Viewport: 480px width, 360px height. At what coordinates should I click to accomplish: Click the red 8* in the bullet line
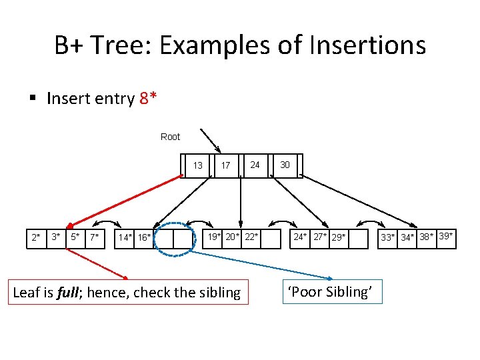[x=149, y=99]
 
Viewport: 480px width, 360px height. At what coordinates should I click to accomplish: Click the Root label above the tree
[x=170, y=137]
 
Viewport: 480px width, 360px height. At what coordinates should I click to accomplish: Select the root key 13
[x=198, y=165]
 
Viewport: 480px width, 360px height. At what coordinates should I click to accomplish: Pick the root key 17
[x=226, y=165]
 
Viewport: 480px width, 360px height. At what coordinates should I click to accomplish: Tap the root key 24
[x=255, y=165]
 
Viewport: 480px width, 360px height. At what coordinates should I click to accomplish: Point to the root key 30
[x=285, y=165]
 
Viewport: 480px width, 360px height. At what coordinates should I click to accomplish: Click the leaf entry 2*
[x=36, y=237]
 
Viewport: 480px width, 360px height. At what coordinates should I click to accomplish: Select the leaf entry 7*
[x=95, y=237]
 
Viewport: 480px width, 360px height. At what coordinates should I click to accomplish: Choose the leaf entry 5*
[x=76, y=237]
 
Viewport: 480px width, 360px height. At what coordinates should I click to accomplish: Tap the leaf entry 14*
[x=125, y=238]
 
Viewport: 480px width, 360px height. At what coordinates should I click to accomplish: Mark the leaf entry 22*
[x=251, y=237]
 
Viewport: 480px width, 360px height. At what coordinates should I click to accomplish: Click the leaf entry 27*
[x=321, y=237]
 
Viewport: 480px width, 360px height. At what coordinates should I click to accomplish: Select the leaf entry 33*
[x=388, y=238]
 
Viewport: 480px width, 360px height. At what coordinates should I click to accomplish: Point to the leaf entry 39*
[x=447, y=236]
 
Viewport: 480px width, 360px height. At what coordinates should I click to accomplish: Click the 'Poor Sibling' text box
[x=333, y=291]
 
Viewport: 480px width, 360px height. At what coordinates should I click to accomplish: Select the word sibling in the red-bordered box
[x=215, y=292]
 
